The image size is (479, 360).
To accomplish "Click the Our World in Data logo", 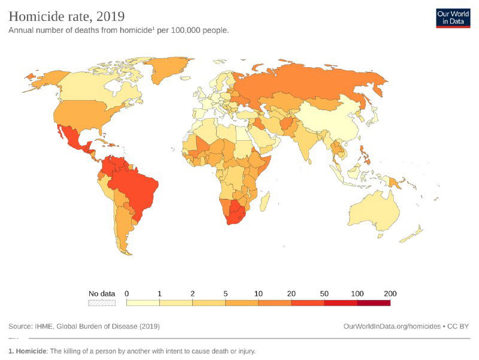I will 453,17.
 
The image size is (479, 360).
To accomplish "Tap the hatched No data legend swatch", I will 101,303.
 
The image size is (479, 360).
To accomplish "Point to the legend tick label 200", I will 390,294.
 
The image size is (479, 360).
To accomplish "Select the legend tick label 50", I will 325,294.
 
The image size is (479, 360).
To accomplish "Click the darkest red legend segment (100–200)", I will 374,303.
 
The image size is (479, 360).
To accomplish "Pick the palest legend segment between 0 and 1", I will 143,303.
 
